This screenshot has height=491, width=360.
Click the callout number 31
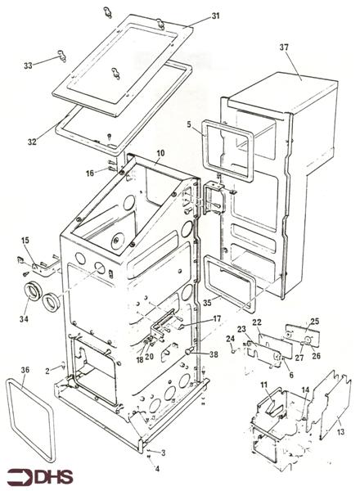click(x=216, y=16)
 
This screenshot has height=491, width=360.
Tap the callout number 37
click(x=284, y=47)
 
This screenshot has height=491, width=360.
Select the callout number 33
click(x=28, y=65)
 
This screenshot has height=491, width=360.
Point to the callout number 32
click(x=32, y=142)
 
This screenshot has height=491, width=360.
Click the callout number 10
click(x=160, y=154)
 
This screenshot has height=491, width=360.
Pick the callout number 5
click(x=189, y=124)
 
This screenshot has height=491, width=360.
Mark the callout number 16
click(x=90, y=173)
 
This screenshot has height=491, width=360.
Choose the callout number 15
click(x=25, y=240)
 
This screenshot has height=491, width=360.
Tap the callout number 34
click(x=24, y=319)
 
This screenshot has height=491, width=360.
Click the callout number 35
click(x=207, y=303)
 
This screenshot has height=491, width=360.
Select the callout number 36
click(x=25, y=370)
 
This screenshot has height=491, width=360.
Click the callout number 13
click(x=340, y=432)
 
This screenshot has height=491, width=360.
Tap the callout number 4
click(x=157, y=469)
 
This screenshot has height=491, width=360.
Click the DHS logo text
click(x=55, y=477)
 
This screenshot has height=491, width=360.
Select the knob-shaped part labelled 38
click(x=189, y=351)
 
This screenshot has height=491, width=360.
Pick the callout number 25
click(x=315, y=321)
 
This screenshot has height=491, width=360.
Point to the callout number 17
click(x=217, y=319)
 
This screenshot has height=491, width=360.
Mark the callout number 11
click(x=264, y=384)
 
